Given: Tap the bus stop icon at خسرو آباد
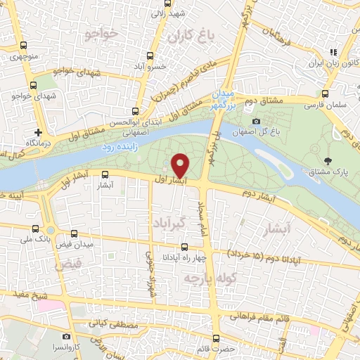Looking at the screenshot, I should pyautogui.click(x=149, y=57).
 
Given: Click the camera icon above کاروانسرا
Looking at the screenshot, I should pyautogui.click(x=66, y=337).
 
